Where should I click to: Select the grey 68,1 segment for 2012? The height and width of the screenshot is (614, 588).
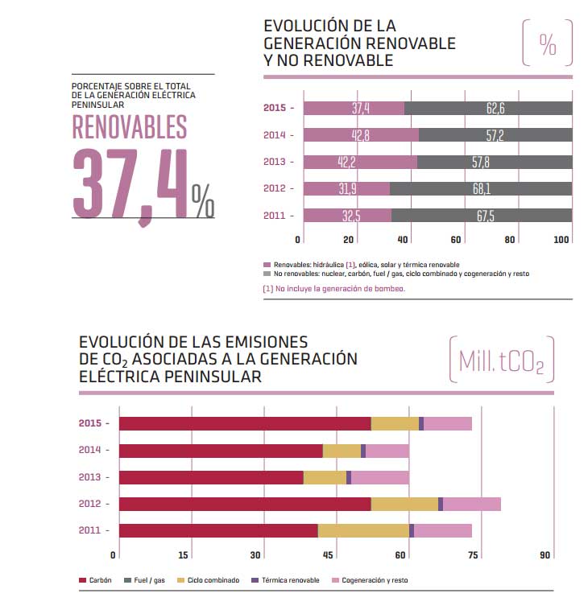click(x=481, y=189)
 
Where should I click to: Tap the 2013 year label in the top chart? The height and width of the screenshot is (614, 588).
click(x=275, y=162)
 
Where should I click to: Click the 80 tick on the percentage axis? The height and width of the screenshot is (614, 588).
click(x=509, y=239)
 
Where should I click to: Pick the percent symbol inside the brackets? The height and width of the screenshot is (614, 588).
click(x=548, y=44)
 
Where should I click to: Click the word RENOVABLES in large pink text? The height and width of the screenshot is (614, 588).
click(x=130, y=126)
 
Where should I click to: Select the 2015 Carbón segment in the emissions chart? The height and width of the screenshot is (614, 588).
click(x=246, y=423)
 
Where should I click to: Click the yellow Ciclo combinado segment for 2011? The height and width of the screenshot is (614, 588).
click(x=363, y=530)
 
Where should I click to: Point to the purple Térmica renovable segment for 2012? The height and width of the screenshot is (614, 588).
click(x=441, y=504)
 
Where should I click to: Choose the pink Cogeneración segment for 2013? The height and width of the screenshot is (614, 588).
click(x=380, y=477)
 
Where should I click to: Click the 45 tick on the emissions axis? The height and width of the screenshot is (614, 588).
click(x=329, y=554)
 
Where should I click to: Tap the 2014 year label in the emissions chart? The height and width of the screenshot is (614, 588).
click(x=90, y=450)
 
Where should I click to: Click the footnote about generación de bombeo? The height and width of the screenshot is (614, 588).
click(x=333, y=287)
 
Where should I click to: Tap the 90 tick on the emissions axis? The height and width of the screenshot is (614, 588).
click(x=545, y=554)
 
